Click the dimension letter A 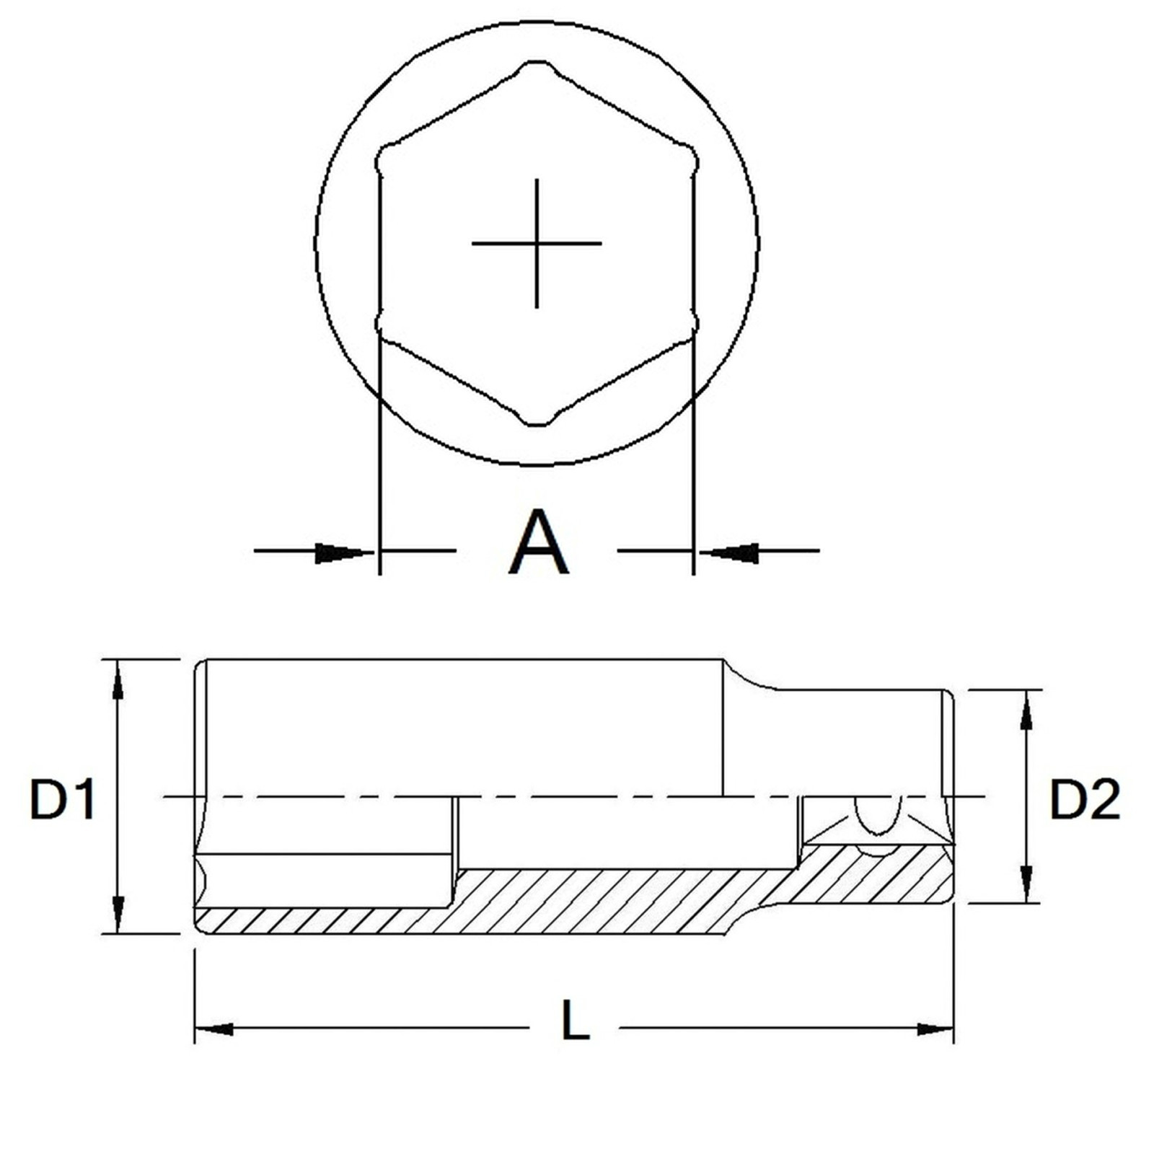point(538,542)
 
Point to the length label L point(575,1019)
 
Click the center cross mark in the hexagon point(537,243)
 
